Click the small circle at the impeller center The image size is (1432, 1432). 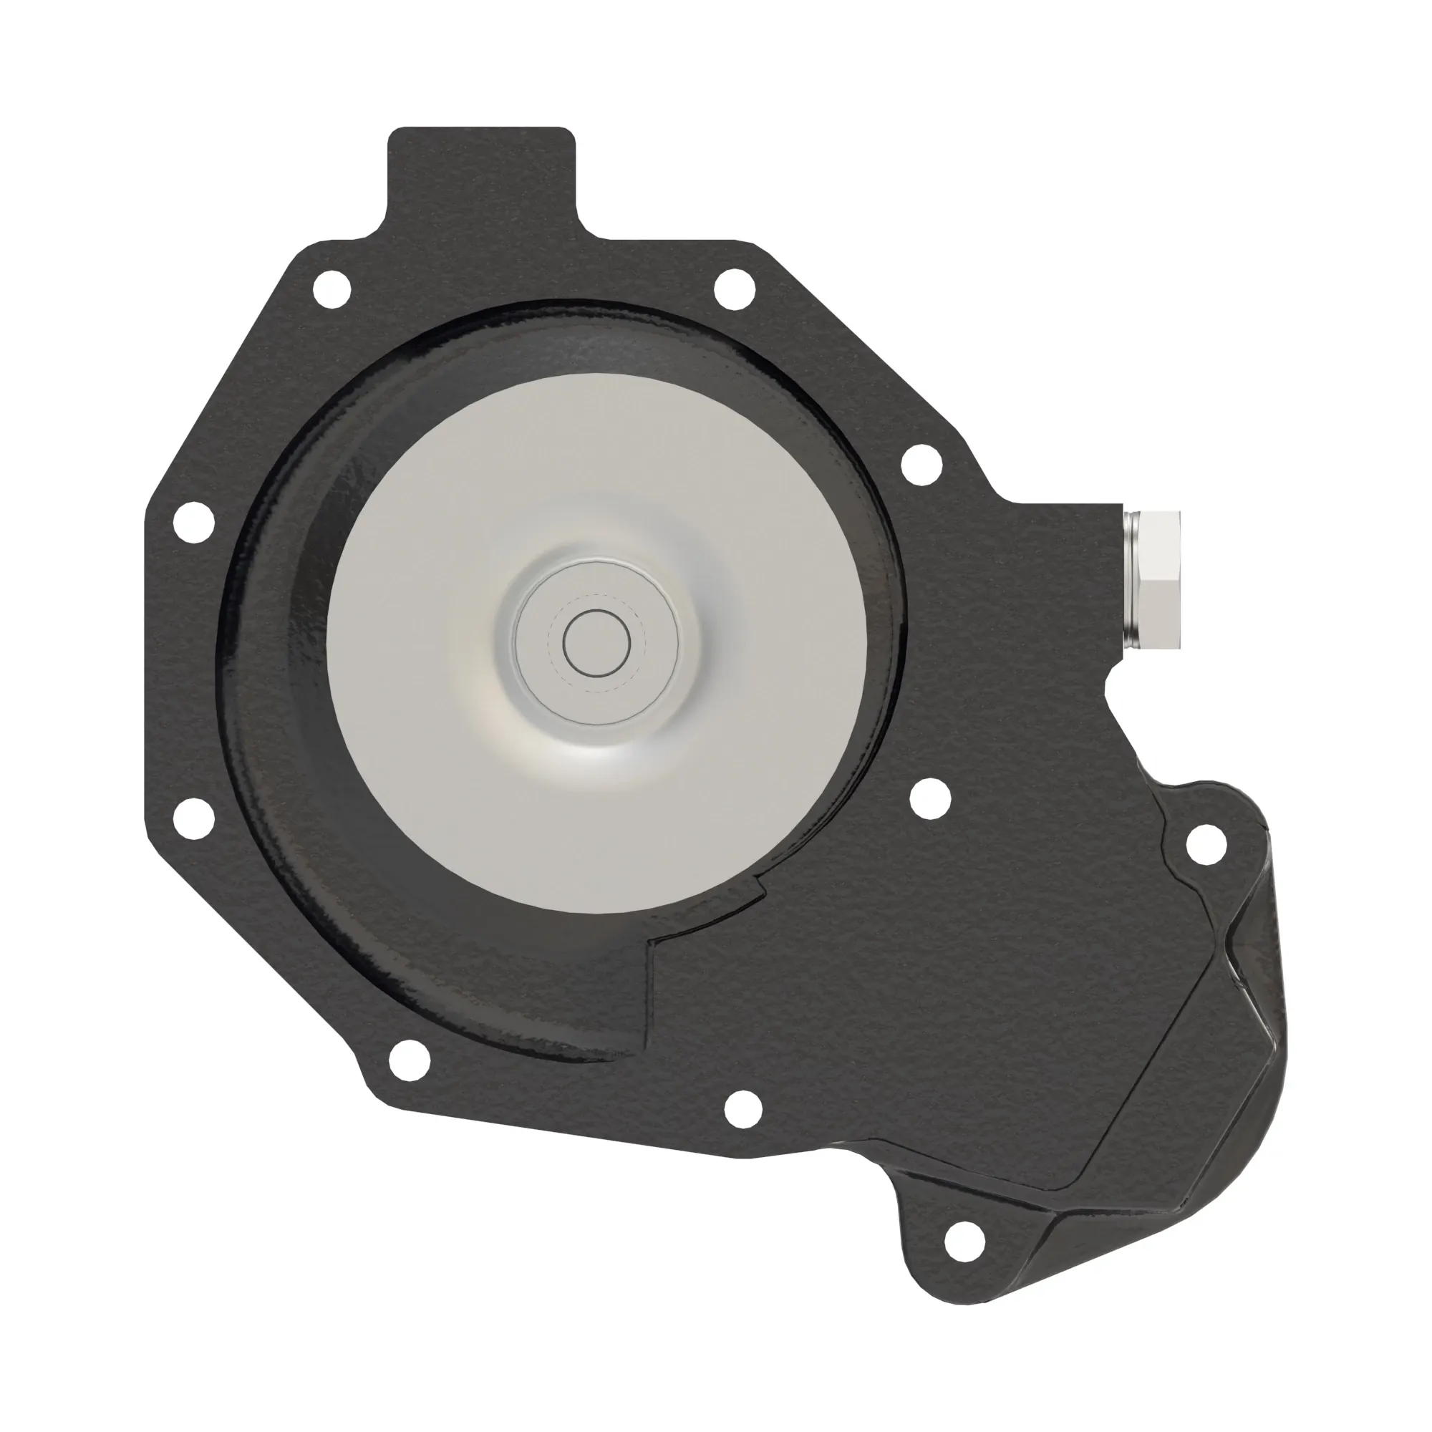(596, 644)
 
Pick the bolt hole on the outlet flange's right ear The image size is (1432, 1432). (1206, 843)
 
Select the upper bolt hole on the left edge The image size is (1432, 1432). (193, 523)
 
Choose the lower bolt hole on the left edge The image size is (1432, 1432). (193, 818)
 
